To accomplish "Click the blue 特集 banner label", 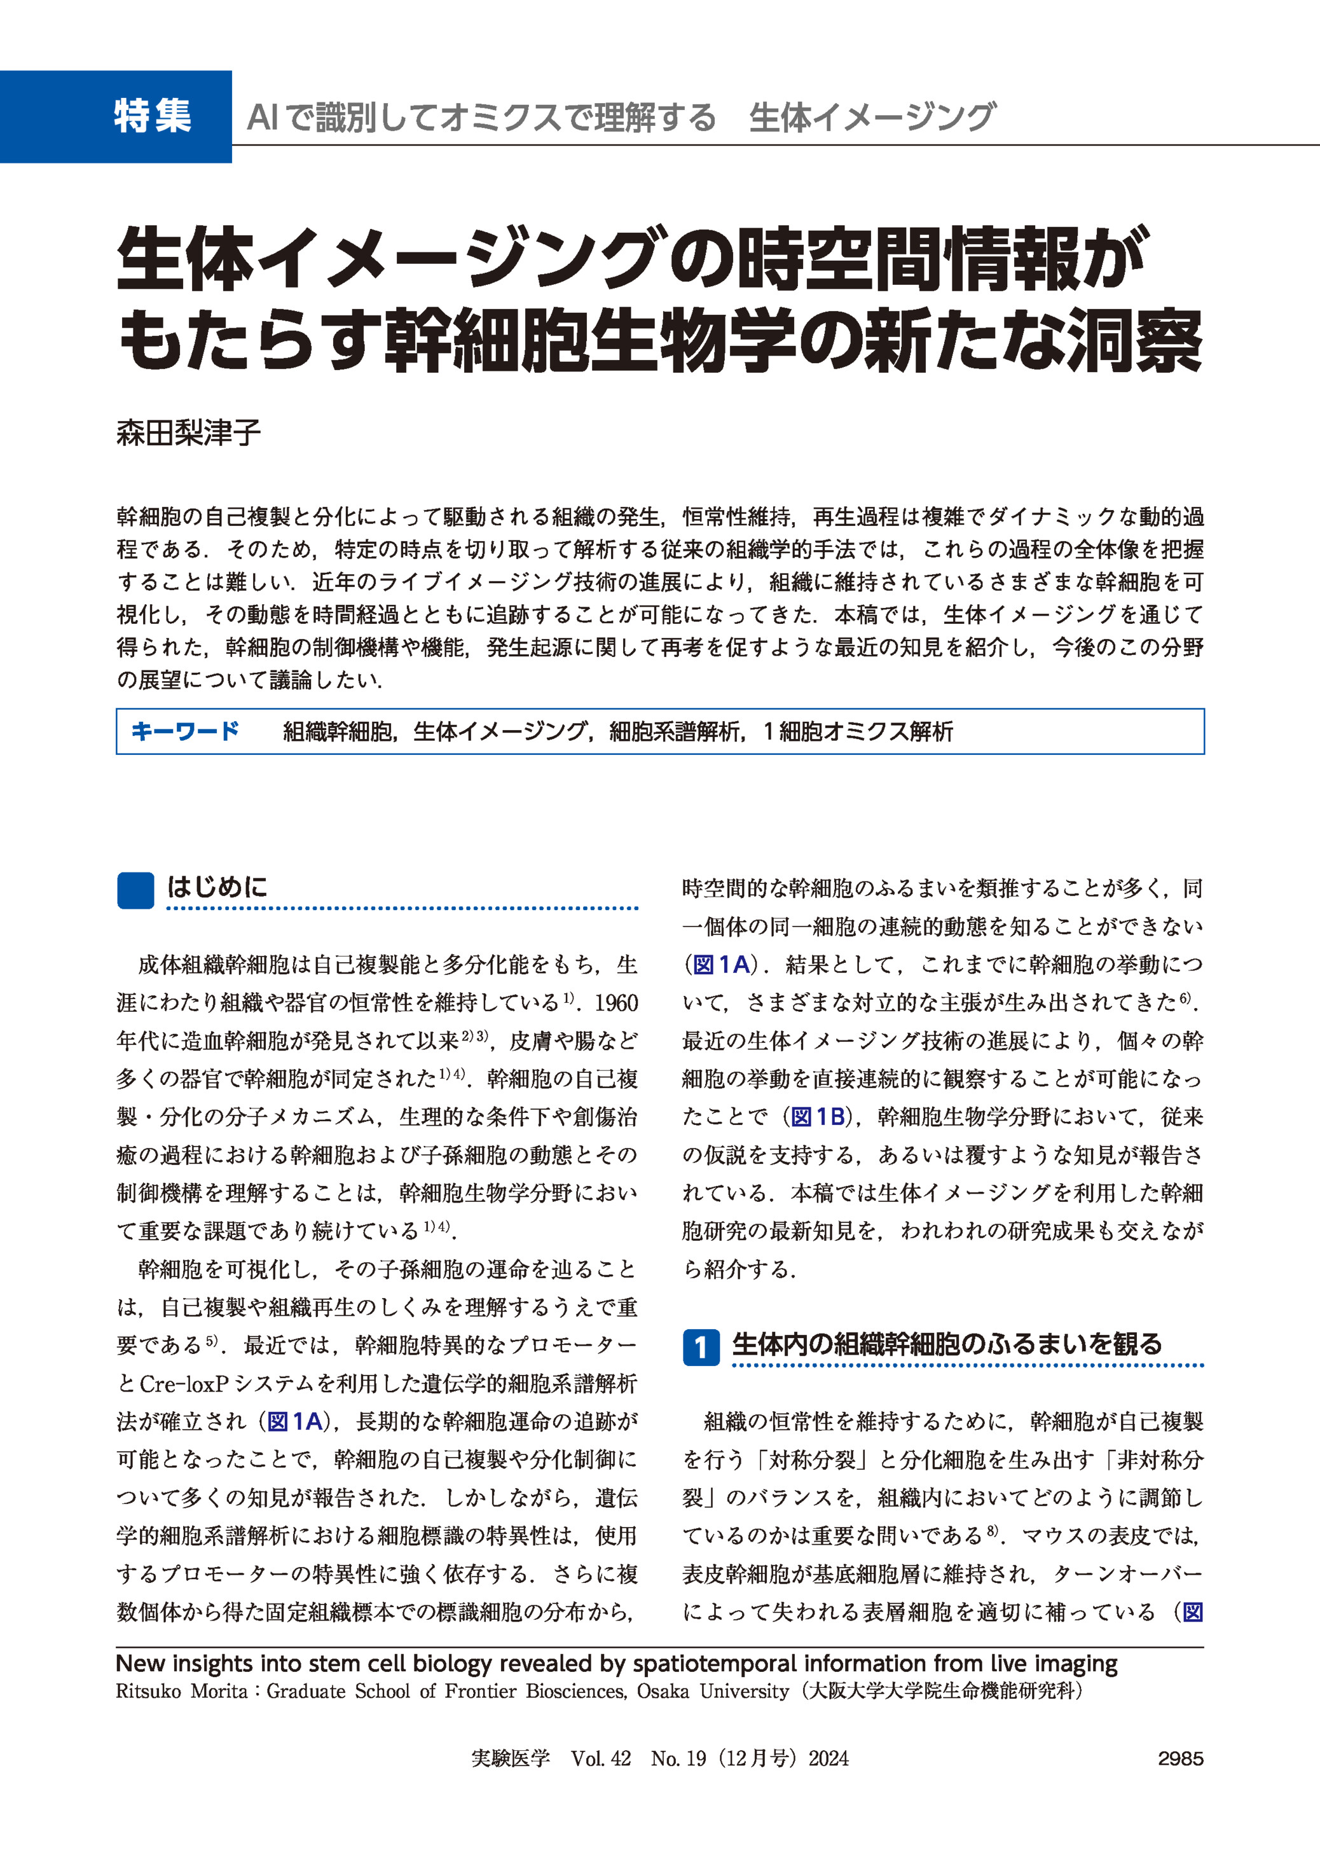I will point(152,116).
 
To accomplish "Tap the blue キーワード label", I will point(184,731).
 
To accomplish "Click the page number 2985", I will point(1180,1758).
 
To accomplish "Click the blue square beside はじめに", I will point(135,890).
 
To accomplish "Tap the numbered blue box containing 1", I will point(700,1347).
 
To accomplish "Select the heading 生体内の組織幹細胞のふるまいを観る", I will point(947,1344).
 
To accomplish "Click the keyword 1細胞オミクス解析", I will point(858,731).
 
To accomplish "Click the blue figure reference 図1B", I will point(818,1117).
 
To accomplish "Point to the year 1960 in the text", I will point(616,1003).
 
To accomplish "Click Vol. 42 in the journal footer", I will point(601,1758).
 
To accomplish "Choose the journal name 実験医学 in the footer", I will point(511,1758).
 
